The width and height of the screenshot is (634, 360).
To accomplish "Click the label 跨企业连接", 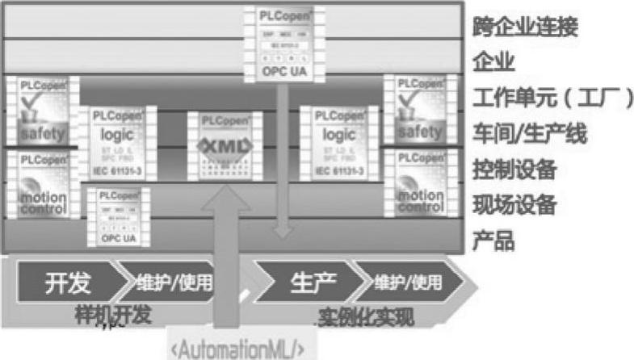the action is (x=526, y=27).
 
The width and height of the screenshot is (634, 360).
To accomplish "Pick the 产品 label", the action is (x=493, y=241).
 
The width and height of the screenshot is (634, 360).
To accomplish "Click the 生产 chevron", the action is (x=307, y=283).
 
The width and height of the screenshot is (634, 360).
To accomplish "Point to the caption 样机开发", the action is (x=117, y=315).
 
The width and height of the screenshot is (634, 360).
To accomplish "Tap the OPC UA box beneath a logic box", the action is (x=119, y=216).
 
